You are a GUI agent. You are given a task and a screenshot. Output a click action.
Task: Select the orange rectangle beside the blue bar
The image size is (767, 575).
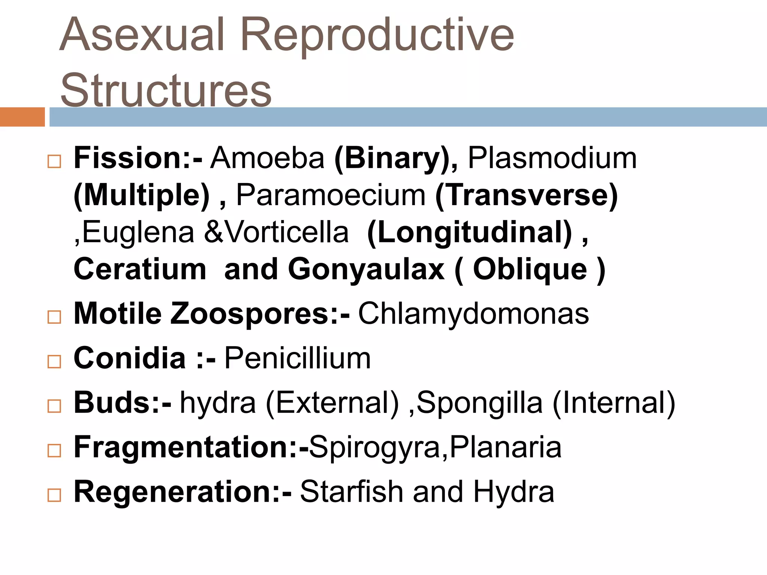click(x=22, y=117)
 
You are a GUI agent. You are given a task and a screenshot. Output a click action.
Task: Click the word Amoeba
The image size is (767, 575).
click(x=267, y=158)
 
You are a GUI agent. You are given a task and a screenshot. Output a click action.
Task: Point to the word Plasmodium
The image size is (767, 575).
click(x=552, y=158)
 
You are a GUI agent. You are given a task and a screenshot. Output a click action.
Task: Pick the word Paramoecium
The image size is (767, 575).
click(x=331, y=195)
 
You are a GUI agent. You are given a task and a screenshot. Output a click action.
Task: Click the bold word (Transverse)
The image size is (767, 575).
click(x=526, y=195)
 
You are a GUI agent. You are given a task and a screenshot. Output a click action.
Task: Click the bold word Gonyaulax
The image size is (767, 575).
click(x=366, y=269)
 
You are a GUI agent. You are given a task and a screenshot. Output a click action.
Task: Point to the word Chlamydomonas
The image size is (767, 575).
click(x=473, y=313)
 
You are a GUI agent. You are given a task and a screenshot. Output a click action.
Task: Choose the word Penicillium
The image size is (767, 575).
click(x=297, y=358)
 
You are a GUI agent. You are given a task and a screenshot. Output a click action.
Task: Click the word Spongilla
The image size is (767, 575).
click(x=479, y=403)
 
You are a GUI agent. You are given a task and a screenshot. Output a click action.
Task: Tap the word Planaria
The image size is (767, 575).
click(x=506, y=447)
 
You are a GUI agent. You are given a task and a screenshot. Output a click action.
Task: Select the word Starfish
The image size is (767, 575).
click(x=351, y=492)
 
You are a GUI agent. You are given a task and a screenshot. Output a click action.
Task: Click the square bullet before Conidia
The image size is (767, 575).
click(x=54, y=362)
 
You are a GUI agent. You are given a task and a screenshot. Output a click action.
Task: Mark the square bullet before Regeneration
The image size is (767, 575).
click(x=54, y=495)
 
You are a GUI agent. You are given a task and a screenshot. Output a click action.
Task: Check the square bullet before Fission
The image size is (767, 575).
click(x=54, y=162)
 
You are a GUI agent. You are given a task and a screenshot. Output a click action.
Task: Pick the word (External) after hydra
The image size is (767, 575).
click(x=333, y=403)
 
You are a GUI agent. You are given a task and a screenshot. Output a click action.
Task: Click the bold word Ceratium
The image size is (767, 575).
click(x=140, y=269)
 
